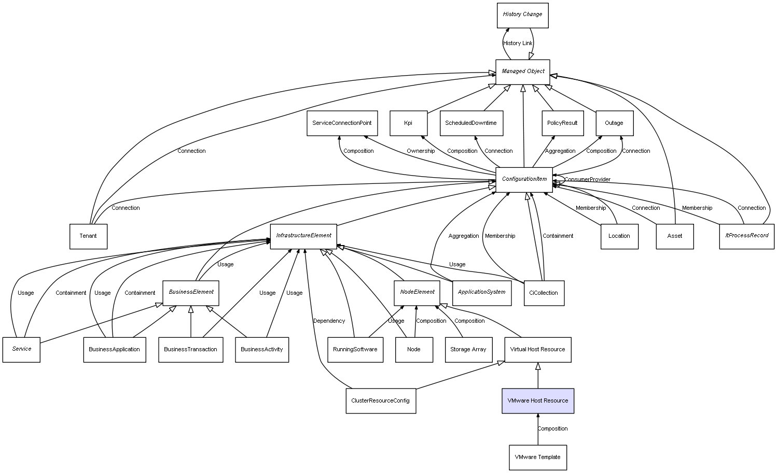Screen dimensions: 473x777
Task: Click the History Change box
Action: click(x=522, y=15)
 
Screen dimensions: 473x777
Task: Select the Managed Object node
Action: click(x=522, y=71)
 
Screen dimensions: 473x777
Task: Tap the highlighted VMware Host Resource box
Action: click(x=537, y=401)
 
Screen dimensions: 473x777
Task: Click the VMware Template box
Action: click(x=537, y=457)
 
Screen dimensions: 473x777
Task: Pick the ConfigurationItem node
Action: click(x=524, y=179)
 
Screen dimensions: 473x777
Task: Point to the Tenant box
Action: click(x=88, y=236)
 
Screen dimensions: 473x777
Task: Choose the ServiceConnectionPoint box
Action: click(x=342, y=123)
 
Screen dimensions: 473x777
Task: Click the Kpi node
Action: click(x=408, y=123)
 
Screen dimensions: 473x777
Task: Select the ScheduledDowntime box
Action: click(x=471, y=123)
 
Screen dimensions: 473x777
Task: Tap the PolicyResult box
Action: click(x=562, y=123)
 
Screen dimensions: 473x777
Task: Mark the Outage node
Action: click(x=614, y=123)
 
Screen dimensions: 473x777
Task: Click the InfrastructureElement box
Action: click(x=303, y=236)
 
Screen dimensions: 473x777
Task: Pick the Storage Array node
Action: click(x=468, y=350)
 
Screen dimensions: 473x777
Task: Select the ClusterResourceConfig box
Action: click(x=380, y=401)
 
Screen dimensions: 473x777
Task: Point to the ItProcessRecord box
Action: click(x=746, y=236)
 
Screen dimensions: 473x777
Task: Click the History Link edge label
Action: click(x=518, y=44)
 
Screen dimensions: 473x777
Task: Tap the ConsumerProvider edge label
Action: click(x=587, y=180)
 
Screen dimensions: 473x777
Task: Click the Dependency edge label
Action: click(x=329, y=321)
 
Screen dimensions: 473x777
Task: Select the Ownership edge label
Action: click(x=421, y=151)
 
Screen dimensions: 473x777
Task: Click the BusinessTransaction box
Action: click(x=190, y=350)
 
